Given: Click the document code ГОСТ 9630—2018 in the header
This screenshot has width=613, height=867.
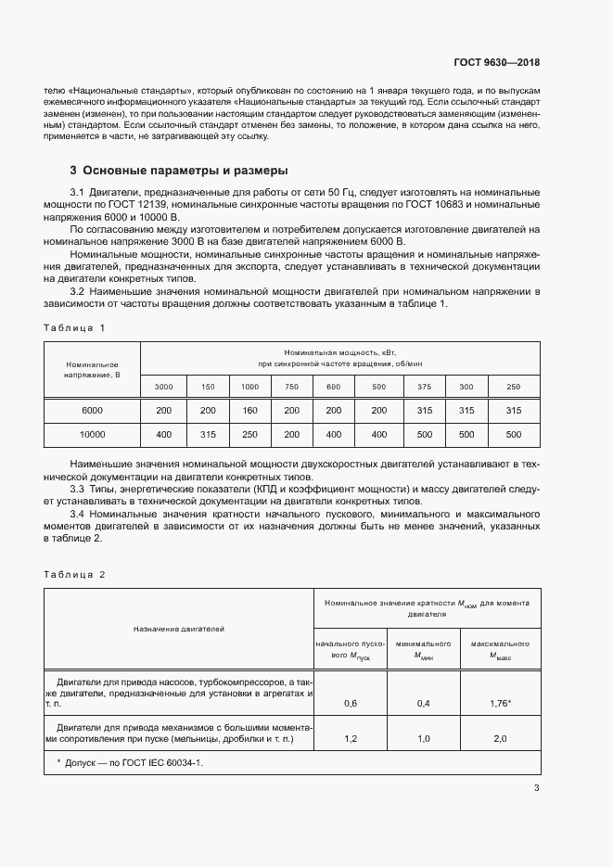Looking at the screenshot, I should pos(497,63).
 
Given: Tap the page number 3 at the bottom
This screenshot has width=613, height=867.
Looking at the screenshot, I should pos(536,788).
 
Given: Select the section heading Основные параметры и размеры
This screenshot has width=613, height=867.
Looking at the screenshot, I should pos(179,171).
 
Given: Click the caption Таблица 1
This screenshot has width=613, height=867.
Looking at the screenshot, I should pos(75,327).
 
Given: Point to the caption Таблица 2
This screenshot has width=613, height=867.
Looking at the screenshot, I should pos(75,574).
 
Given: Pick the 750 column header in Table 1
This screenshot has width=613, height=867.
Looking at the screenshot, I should pos(292,387).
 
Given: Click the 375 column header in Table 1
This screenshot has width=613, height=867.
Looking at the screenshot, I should pos(423,387).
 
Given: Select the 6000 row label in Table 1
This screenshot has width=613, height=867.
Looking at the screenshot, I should pos(92,410).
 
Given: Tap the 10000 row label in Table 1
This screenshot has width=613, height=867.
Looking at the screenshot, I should pos(92,434).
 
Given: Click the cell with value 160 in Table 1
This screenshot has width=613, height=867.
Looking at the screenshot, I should pos(249,410).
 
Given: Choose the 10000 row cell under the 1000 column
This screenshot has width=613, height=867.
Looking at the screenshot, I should pos(249,434).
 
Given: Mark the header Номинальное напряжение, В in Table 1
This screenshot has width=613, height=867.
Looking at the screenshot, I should pos(92,370).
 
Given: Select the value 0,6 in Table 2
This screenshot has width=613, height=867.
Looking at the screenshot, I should pos(351,704).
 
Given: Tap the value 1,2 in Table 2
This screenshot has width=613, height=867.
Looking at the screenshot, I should pos(351,739).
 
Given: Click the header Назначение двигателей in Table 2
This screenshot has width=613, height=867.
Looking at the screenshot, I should pos(179,629).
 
